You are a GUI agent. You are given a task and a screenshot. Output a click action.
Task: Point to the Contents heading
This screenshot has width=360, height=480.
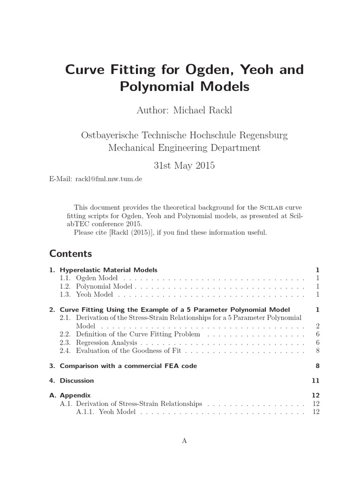click(x=71, y=254)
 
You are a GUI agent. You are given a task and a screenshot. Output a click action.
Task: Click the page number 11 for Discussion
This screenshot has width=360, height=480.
click(x=315, y=380)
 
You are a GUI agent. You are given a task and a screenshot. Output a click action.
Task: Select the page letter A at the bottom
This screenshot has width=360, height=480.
click(x=184, y=441)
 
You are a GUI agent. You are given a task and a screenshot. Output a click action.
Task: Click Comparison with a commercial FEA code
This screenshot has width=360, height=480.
click(x=128, y=366)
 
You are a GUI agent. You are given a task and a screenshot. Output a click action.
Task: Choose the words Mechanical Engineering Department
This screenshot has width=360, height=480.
click(x=184, y=148)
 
